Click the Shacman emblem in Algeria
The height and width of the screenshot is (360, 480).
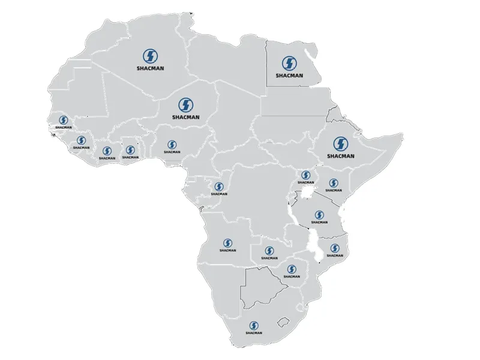[x=150, y=56]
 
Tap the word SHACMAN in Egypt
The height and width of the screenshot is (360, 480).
[x=289, y=76]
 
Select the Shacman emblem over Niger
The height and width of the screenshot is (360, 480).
[x=184, y=104]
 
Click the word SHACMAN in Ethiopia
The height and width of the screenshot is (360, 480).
[x=341, y=156]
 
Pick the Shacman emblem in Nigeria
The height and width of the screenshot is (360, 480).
[x=172, y=145]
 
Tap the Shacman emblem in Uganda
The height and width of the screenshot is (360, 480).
[x=305, y=175]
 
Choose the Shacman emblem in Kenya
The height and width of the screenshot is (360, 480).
[x=334, y=182]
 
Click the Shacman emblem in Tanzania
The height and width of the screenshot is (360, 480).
[x=319, y=215]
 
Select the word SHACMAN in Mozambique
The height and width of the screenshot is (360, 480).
[x=334, y=256]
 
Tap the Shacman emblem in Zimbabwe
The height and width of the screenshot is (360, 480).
[x=292, y=269]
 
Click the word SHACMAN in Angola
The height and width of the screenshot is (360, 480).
[x=228, y=250]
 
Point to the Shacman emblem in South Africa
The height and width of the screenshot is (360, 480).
[x=254, y=325]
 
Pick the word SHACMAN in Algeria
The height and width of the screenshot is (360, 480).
[x=150, y=68]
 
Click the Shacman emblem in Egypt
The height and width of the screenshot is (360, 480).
[x=289, y=63]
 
